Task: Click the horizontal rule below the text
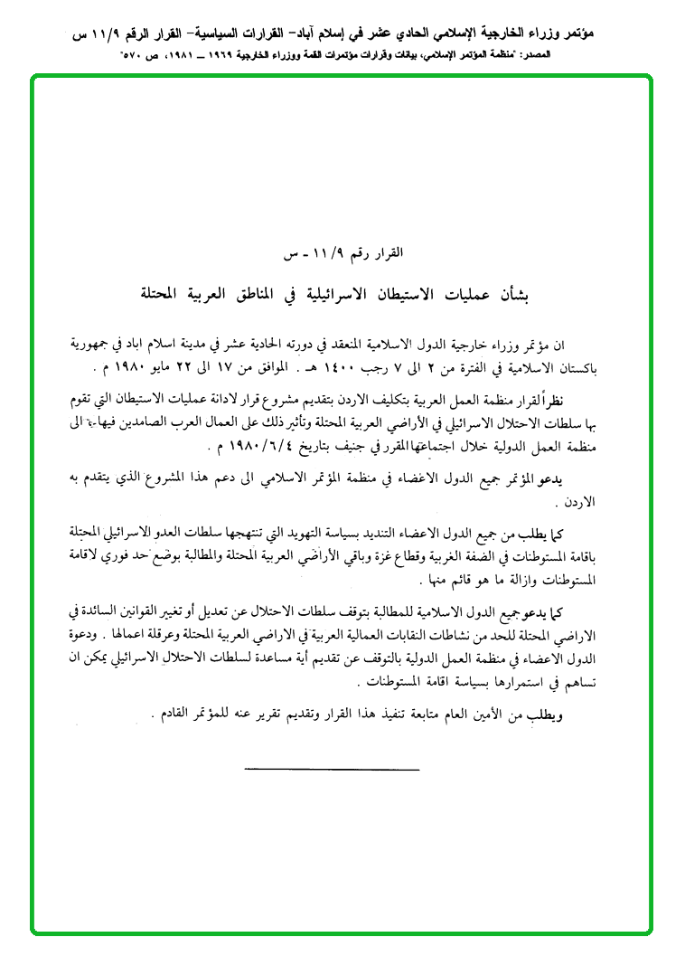click(332, 769)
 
